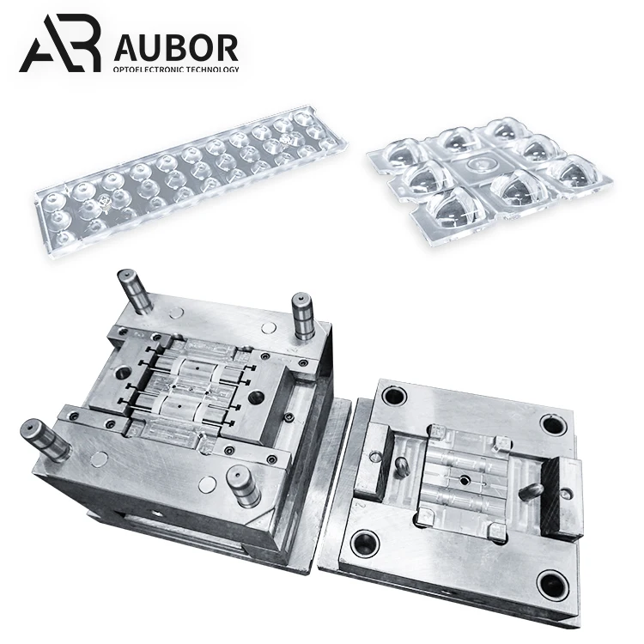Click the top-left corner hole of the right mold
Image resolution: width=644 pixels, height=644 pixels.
click(395, 397)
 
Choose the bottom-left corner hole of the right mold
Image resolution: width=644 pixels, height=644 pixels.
click(367, 543)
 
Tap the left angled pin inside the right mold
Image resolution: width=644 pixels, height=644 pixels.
click(402, 467)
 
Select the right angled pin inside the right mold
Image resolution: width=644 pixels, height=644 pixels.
click(531, 490)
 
